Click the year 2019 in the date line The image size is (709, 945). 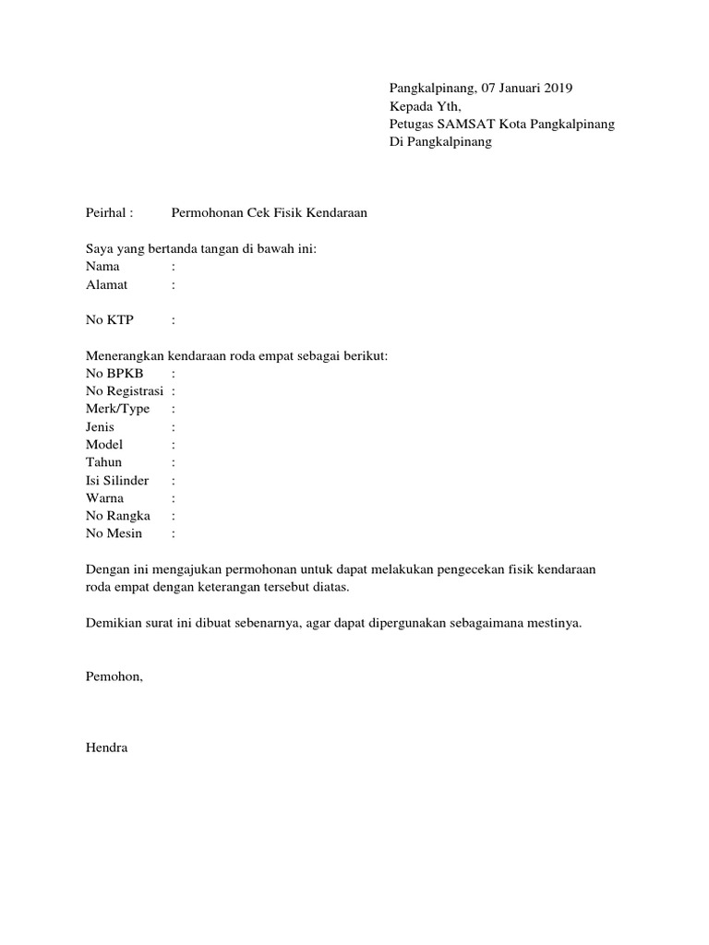[557, 89]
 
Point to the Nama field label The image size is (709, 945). [102, 267]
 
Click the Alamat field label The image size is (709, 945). [106, 285]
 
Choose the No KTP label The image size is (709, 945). [109, 320]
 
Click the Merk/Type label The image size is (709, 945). [117, 409]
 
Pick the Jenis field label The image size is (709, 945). [102, 427]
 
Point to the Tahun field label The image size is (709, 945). [103, 462]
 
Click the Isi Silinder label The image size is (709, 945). [117, 481]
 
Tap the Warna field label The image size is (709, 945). [104, 498]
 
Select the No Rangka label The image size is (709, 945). [118, 516]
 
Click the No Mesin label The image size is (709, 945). [114, 534]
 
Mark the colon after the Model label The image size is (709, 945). [174, 445]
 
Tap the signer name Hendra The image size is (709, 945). [106, 748]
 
